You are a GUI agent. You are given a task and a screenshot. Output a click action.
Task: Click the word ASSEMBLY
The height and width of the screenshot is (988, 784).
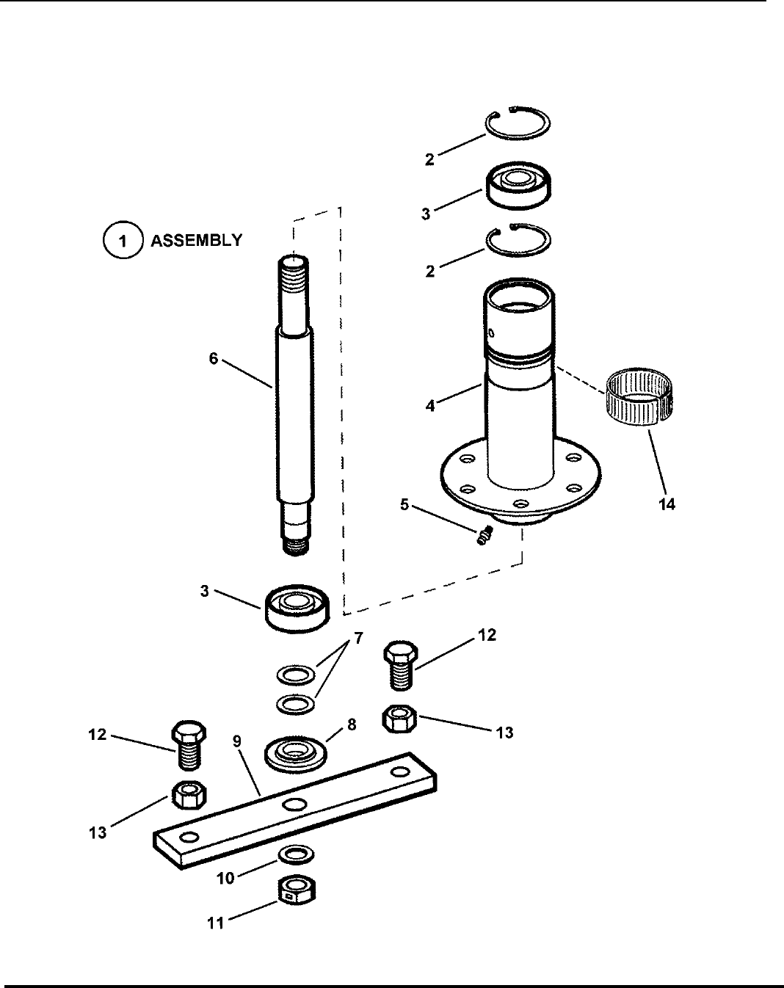(196, 241)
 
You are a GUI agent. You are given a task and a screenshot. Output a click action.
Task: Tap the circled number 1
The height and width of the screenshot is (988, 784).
(122, 241)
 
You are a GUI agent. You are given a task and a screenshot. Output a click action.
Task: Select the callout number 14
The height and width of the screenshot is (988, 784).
(667, 504)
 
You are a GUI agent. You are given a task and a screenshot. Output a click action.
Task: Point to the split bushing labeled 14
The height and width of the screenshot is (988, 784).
(639, 398)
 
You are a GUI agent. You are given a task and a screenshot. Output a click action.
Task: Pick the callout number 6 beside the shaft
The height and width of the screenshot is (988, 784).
(213, 358)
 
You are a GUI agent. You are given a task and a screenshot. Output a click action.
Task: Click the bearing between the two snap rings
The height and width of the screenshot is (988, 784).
(518, 186)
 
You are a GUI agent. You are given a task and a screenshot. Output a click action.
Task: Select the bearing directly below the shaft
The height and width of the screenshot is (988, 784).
(297, 609)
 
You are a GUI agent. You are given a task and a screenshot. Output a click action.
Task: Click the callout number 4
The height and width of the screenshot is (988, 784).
(430, 407)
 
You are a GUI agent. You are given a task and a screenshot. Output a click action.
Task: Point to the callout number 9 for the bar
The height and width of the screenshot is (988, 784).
(237, 741)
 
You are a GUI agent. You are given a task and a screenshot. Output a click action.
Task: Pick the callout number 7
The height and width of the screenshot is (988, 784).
(358, 638)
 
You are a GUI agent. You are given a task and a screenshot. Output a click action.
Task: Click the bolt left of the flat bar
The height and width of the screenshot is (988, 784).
(189, 745)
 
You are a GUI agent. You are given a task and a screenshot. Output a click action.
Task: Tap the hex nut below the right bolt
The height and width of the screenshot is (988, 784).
(400, 719)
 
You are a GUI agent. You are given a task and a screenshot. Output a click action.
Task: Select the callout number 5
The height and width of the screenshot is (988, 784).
(404, 505)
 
